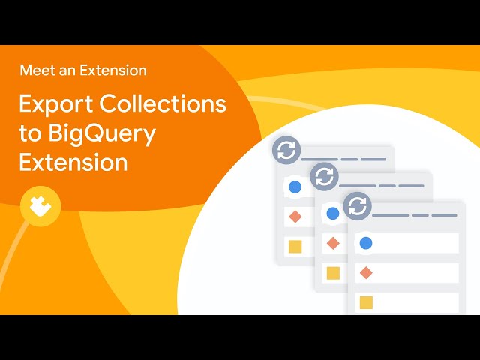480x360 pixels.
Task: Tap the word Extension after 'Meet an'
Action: [113, 70]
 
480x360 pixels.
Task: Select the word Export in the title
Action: [56, 104]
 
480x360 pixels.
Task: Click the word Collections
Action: [163, 103]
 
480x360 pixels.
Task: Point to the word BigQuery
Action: [102, 134]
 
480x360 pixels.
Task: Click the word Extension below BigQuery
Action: [73, 162]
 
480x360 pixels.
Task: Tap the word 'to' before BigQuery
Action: [30, 133]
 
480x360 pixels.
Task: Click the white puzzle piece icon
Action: [40, 206]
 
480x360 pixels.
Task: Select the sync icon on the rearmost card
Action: [286, 150]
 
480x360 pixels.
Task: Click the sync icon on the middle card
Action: [324, 177]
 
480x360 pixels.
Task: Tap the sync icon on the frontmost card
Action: [358, 206]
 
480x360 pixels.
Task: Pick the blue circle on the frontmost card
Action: [366, 243]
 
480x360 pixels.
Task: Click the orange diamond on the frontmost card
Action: [366, 272]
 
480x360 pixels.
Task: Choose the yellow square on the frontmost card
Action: [366, 302]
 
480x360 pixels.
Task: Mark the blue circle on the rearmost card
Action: [295, 187]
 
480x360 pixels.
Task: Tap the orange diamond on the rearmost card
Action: [295, 217]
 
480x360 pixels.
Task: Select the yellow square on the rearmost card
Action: [295, 247]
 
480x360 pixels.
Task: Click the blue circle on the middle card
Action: [333, 213]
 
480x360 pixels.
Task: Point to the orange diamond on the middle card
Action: [333, 243]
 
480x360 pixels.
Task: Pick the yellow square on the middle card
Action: [333, 273]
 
